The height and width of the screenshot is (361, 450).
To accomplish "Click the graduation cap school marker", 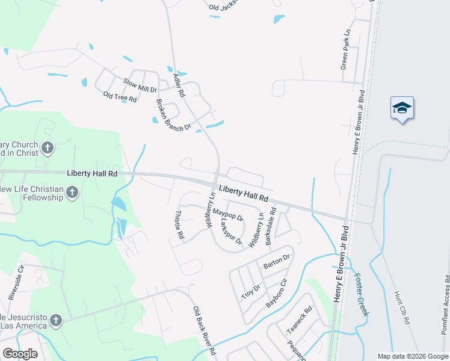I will tap(402, 108).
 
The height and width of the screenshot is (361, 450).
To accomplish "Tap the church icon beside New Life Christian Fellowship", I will tap(72, 193).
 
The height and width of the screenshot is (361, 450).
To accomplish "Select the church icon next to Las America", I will tap(56, 321).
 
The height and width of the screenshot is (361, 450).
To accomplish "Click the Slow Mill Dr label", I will tap(140, 85).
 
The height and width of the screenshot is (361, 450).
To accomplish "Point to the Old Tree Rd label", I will tap(120, 97).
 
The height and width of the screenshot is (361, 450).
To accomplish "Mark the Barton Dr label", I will tap(277, 261).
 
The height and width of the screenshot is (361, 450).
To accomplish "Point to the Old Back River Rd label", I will tap(204, 330).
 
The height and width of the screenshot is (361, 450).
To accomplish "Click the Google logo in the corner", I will tap(20, 354).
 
